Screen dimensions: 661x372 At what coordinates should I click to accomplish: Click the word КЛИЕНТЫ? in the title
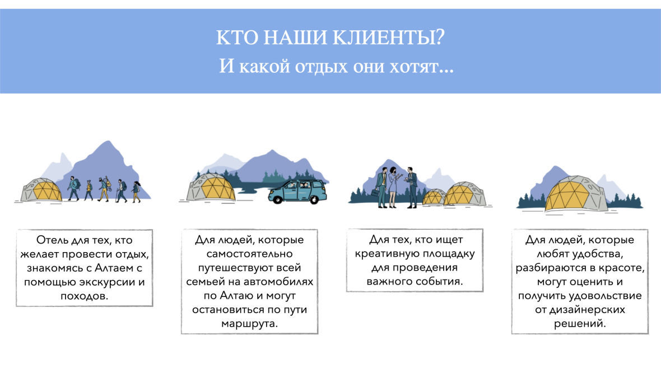388,38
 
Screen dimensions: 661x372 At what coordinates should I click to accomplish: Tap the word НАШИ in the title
295,38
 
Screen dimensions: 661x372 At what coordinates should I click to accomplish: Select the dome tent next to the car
211,187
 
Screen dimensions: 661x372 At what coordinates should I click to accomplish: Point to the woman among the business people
393,187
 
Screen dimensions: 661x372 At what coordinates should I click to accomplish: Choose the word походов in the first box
85,296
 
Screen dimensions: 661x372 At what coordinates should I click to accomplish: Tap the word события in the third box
443,282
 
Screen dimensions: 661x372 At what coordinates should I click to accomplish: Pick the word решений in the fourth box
580,324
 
